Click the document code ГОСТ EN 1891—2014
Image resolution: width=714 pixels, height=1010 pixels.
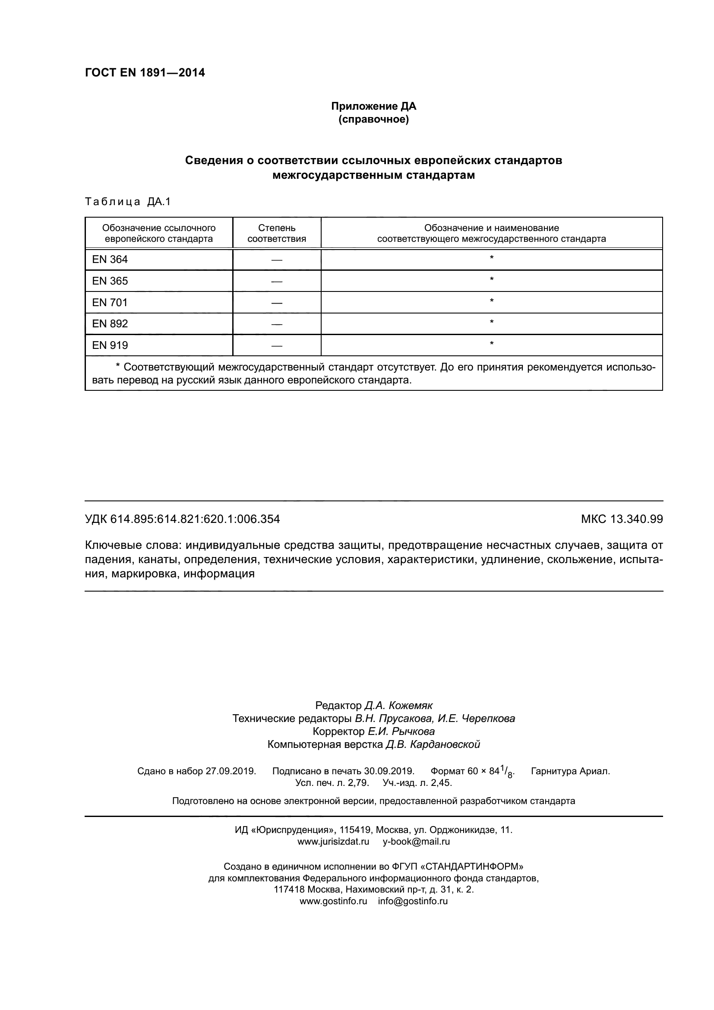tap(145, 73)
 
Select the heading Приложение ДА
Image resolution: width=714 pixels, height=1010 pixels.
tap(373, 106)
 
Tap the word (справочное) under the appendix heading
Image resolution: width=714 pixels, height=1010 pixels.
tap(373, 119)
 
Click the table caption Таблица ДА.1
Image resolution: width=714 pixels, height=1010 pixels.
tap(127, 202)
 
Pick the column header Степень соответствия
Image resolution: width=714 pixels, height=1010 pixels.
tap(277, 233)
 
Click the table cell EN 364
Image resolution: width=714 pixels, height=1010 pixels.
tap(110, 260)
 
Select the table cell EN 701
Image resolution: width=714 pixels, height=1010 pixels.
tap(110, 303)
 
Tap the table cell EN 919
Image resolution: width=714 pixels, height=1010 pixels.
tap(110, 345)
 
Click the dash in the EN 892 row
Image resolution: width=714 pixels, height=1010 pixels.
tap(277, 324)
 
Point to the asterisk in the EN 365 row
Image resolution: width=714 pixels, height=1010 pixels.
tap(492, 279)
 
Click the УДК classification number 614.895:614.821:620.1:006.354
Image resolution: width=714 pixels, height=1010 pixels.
tap(195, 519)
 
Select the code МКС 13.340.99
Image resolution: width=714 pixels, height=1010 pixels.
tap(622, 519)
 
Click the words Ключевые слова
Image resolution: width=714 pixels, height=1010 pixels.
tap(133, 545)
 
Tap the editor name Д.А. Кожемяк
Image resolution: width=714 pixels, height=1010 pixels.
tap(398, 706)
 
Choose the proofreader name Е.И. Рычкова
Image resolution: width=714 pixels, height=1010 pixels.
tap(401, 731)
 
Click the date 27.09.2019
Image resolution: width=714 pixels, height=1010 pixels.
tap(231, 771)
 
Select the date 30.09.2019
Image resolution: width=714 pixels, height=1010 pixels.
tap(389, 771)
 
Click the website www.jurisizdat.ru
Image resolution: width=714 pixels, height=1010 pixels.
tap(333, 842)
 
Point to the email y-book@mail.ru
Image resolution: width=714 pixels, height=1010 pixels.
tap(416, 842)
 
